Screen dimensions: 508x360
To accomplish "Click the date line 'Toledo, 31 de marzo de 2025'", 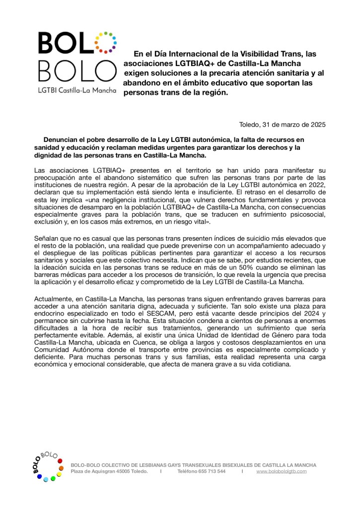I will [282, 125].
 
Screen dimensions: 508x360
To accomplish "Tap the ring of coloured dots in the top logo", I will [105, 42].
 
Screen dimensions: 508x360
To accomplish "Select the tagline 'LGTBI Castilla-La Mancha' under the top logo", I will [77, 91].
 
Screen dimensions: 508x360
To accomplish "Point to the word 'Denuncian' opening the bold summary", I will [60, 140].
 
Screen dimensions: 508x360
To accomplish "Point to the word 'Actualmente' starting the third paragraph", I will [55, 300].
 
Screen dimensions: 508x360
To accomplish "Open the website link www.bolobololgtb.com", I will [282, 471].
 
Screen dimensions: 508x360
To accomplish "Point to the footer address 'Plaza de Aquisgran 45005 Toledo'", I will [109, 471].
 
